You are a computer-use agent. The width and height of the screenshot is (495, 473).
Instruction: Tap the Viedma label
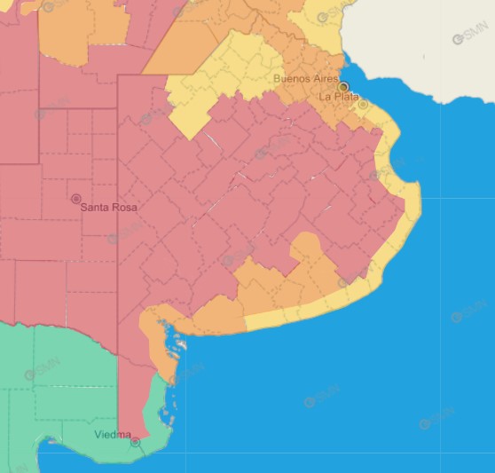pyautogui.click(x=113, y=434)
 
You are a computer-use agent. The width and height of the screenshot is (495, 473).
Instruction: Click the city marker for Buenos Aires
pyautogui.click(x=343, y=87)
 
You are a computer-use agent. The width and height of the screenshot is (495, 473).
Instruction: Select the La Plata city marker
pyautogui.click(x=363, y=105)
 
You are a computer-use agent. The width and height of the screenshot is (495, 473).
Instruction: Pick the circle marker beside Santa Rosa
pyautogui.click(x=76, y=199)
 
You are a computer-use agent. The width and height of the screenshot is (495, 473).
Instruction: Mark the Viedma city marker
pyautogui.click(x=135, y=441)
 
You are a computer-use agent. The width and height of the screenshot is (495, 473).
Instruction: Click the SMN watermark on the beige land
pyautogui.click(x=470, y=38)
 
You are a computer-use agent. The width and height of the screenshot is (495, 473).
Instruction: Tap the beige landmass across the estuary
pyautogui.click(x=417, y=44)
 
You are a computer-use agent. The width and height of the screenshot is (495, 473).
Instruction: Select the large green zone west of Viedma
pyautogui.click(x=53, y=390)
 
